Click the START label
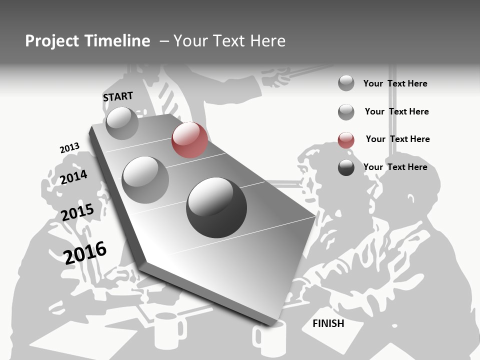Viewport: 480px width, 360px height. tap(118, 96)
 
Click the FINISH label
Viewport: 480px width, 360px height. tap(328, 323)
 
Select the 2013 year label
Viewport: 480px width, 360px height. tap(69, 148)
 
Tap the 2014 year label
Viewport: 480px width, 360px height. tap(73, 177)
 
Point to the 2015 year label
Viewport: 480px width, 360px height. tap(77, 212)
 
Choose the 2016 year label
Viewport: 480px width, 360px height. tap(85, 252)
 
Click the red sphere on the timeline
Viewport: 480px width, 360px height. tap(189, 140)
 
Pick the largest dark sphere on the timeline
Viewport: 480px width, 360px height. tap(216, 207)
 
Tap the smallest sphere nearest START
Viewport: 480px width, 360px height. tap(122, 123)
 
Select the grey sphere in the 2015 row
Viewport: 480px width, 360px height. tap(145, 179)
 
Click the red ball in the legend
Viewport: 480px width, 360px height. tap(346, 140)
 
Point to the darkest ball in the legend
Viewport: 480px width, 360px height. tap(346, 168)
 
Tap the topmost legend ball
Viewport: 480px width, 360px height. tap(346, 83)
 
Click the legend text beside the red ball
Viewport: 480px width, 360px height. tap(397, 139)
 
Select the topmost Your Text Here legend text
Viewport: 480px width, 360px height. tap(395, 83)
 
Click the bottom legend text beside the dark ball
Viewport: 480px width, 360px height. tap(395, 167)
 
